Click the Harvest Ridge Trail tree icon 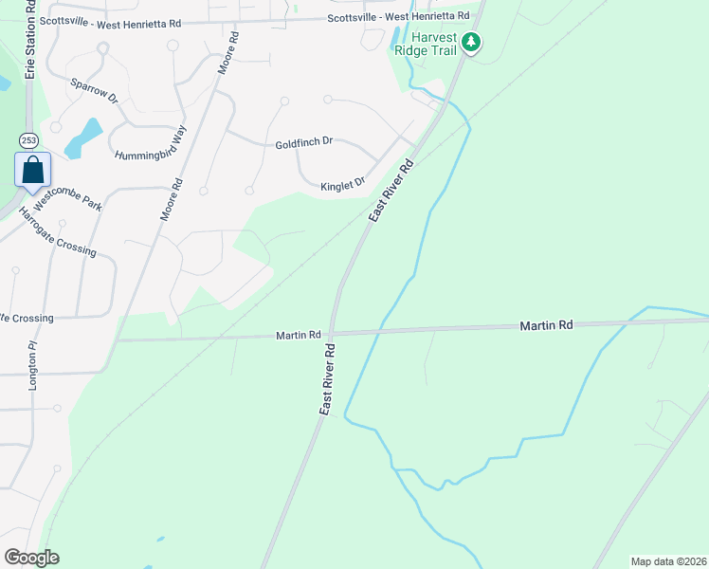pos(471,42)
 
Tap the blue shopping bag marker pos(32,172)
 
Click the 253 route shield pos(28,140)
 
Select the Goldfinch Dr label pos(304,143)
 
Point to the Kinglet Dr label pos(343,186)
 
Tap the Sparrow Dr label pos(93,90)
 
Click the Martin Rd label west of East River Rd pos(300,336)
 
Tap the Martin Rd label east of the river pos(546,325)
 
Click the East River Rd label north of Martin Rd pos(392,191)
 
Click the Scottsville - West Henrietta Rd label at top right pos(398,17)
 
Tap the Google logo pos(31,558)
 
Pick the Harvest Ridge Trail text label pos(433,43)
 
